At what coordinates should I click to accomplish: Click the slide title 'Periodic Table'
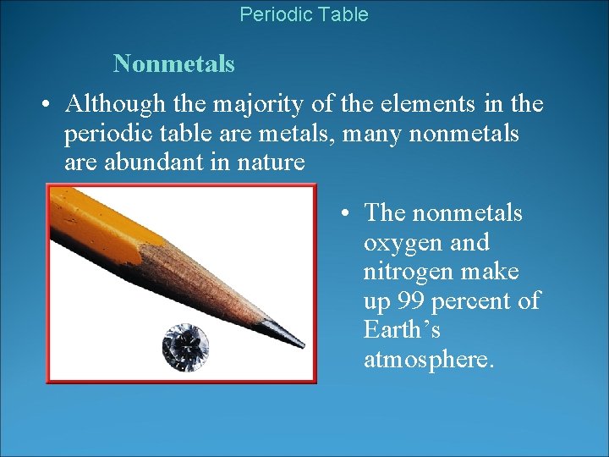(304, 14)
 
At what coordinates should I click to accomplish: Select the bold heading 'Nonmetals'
(173, 63)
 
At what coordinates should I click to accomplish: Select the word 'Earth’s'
(402, 329)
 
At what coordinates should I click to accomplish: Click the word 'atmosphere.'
(427, 359)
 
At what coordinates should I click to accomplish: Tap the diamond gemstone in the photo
(185, 345)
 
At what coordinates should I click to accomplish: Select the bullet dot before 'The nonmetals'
(347, 213)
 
